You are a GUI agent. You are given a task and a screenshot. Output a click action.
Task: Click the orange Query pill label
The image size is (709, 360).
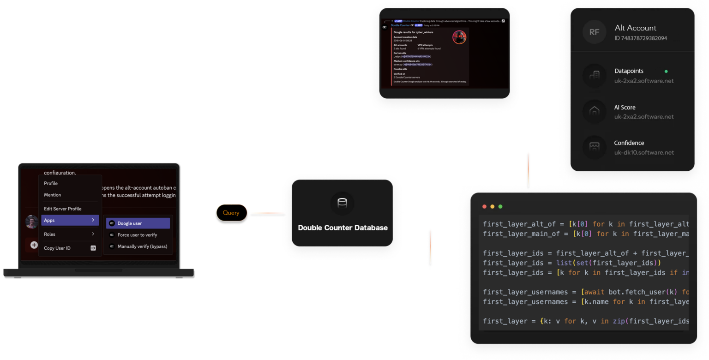coord(231,213)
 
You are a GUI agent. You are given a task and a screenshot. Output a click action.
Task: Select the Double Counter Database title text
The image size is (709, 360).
coord(342,228)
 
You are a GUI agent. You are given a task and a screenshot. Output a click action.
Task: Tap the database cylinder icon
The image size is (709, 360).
coord(342,203)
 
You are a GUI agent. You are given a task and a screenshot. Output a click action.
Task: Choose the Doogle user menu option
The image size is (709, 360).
coord(138,223)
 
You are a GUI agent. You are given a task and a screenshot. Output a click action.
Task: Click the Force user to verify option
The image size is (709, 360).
coord(138,235)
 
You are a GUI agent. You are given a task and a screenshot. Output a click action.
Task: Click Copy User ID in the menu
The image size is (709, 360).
coord(57,248)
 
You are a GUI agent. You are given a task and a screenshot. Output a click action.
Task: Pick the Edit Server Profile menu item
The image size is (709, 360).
coord(62,209)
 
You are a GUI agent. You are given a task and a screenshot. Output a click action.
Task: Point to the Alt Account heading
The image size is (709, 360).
coord(635,28)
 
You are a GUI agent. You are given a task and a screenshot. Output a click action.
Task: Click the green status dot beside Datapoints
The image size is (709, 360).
coord(666,72)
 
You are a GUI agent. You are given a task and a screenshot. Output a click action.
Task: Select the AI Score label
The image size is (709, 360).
coord(625,108)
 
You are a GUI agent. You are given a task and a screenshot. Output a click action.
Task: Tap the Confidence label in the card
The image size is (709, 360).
coord(629,143)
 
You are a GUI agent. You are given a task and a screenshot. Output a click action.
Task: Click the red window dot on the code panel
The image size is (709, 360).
coord(484,206)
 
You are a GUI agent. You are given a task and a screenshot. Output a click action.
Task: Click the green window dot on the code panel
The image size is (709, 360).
coord(500,206)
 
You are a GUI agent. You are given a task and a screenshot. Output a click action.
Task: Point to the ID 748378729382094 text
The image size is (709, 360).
coord(641,38)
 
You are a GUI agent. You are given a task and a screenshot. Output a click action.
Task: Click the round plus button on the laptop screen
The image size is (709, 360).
coord(34,245)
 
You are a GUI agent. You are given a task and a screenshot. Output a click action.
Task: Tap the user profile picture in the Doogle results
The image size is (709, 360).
coord(459,37)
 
